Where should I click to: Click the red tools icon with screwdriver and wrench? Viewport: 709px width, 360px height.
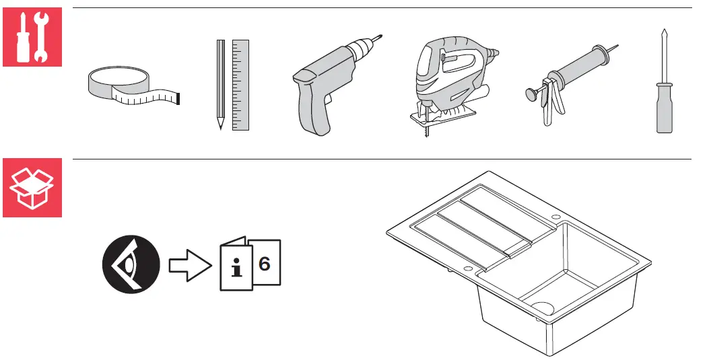pyautogui.click(x=32, y=37)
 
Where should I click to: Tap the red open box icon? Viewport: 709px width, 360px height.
pyautogui.click(x=32, y=188)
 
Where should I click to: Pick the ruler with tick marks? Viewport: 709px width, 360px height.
pyautogui.click(x=240, y=85)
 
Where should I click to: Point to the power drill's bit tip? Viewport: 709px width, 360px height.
pyautogui.click(x=381, y=36)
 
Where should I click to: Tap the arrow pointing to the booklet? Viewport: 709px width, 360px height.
pyautogui.click(x=190, y=265)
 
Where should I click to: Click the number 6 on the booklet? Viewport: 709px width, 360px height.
pyautogui.click(x=265, y=263)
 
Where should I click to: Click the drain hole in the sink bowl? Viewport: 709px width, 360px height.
pyautogui.click(x=543, y=308)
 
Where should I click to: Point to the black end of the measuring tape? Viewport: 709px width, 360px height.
pyautogui.click(x=178, y=99)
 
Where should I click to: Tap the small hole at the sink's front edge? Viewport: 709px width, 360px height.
pyautogui.click(x=468, y=269)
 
